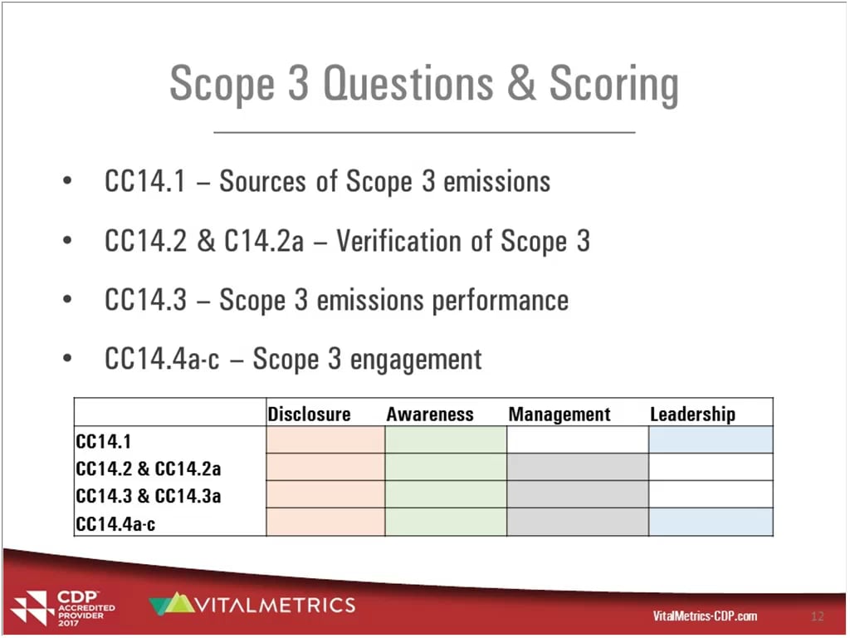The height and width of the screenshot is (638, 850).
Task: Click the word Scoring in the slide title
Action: pyautogui.click(x=613, y=85)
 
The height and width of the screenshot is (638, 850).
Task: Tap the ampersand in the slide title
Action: pyautogui.click(x=521, y=84)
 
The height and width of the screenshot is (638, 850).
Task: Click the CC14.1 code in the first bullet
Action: pyautogui.click(x=145, y=182)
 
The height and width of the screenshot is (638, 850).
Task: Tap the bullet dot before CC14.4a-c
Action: pyautogui.click(x=66, y=360)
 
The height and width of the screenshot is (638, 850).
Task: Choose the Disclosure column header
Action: pyautogui.click(x=309, y=414)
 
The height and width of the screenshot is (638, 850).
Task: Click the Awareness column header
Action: pyautogui.click(x=429, y=414)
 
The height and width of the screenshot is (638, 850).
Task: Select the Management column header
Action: pyautogui.click(x=559, y=414)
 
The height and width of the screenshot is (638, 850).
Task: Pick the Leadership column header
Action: pyautogui.click(x=692, y=414)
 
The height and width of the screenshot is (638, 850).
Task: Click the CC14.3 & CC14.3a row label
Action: pyautogui.click(x=149, y=496)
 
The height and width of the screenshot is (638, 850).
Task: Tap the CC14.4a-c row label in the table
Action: pyautogui.click(x=115, y=523)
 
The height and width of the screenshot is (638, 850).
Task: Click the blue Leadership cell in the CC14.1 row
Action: pyautogui.click(x=711, y=440)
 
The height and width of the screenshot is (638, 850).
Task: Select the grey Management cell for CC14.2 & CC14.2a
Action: pyautogui.click(x=577, y=468)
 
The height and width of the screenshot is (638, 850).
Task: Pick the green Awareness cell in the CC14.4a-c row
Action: pyautogui.click(x=446, y=522)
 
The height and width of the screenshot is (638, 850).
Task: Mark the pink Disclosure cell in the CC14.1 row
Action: pyautogui.click(x=325, y=440)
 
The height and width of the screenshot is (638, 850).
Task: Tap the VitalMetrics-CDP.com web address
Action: pyautogui.click(x=705, y=616)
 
